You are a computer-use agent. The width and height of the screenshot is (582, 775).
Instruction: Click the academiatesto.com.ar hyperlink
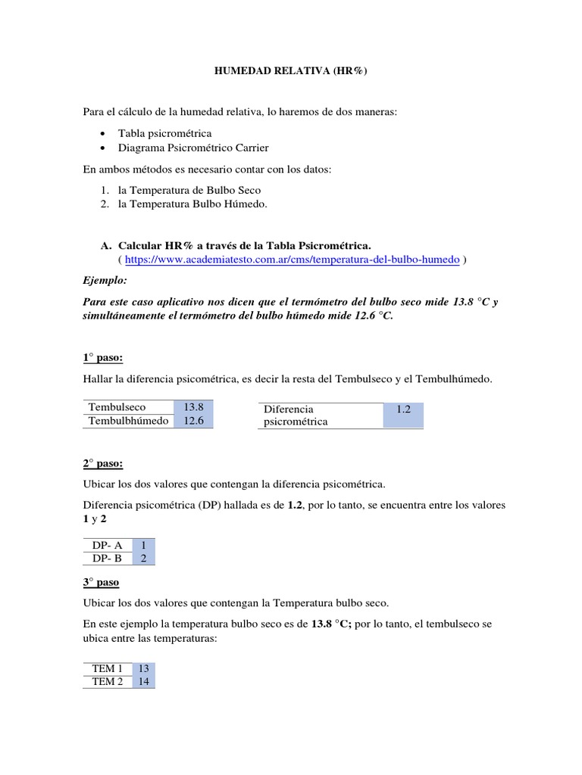(x=292, y=259)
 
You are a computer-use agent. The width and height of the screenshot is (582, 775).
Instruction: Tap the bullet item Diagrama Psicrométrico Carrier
(x=192, y=148)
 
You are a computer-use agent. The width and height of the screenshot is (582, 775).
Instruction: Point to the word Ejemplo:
(x=106, y=280)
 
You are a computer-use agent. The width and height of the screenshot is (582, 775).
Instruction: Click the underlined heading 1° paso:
(x=102, y=357)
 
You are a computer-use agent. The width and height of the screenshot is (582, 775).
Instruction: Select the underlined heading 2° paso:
(x=102, y=463)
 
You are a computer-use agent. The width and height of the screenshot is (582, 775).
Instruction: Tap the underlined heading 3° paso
(x=101, y=583)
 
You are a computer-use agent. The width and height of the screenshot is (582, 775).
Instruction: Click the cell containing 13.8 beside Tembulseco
(x=193, y=407)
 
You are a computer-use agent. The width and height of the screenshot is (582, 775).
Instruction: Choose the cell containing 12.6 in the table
(x=193, y=421)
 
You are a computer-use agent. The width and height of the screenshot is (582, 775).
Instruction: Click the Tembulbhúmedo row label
(x=128, y=421)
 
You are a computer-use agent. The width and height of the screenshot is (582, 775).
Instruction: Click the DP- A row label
(x=107, y=545)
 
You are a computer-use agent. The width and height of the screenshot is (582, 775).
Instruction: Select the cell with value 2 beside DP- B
(x=143, y=559)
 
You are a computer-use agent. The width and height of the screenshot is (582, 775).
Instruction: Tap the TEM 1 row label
(x=107, y=669)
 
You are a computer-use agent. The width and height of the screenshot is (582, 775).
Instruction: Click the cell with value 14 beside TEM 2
(x=143, y=682)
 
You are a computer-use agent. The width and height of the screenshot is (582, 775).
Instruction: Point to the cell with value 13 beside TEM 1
(x=143, y=669)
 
